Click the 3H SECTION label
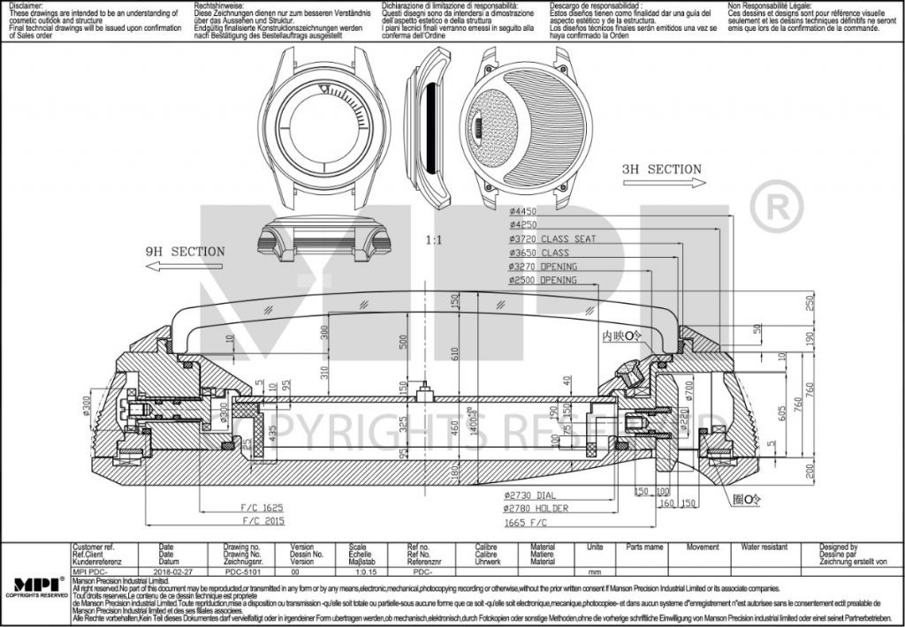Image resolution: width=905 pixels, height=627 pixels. (661, 169)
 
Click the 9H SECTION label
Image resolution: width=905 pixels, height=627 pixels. (185, 252)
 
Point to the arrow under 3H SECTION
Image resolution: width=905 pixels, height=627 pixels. (664, 183)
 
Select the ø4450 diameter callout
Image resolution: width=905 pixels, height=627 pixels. (523, 211)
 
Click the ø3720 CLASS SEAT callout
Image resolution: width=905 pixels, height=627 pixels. (552, 238)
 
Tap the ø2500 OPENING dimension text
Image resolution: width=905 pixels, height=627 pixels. (543, 280)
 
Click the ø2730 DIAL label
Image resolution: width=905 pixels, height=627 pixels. (535, 497)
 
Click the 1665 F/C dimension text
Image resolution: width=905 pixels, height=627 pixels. (532, 522)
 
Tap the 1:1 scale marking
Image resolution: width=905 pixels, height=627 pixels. (434, 240)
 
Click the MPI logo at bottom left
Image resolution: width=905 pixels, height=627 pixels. (34, 585)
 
